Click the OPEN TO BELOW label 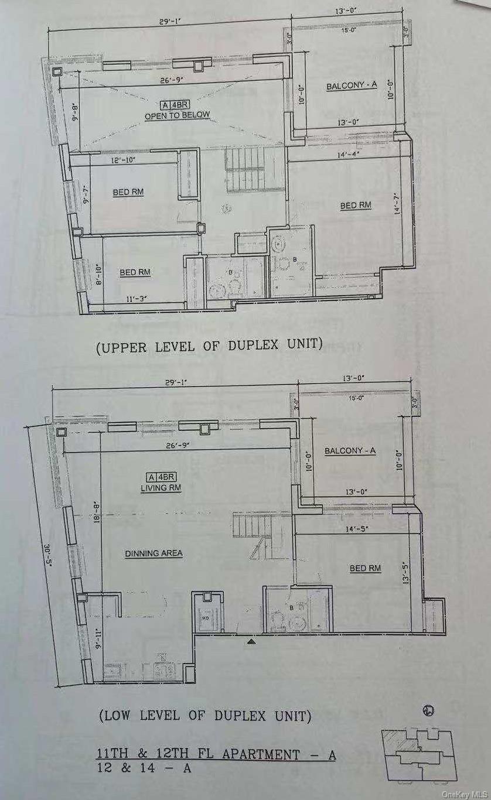point(177,115)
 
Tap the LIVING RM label point(155,488)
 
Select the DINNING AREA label point(154,553)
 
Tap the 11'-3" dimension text point(136,298)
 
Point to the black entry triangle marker point(251,642)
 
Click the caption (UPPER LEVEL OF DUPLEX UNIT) point(209,346)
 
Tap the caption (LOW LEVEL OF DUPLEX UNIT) point(204,716)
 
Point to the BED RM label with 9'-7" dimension point(128,192)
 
